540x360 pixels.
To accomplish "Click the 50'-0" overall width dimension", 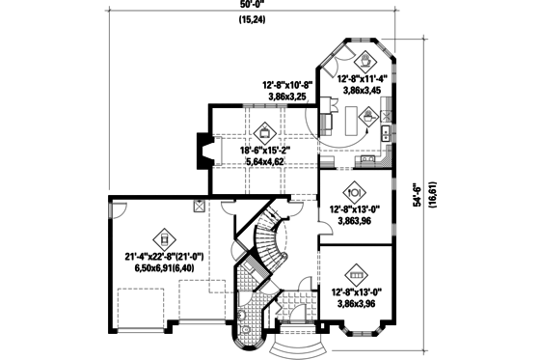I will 253,7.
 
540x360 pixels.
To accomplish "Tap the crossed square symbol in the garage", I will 199,206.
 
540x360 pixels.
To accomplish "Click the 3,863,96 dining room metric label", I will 354,220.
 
